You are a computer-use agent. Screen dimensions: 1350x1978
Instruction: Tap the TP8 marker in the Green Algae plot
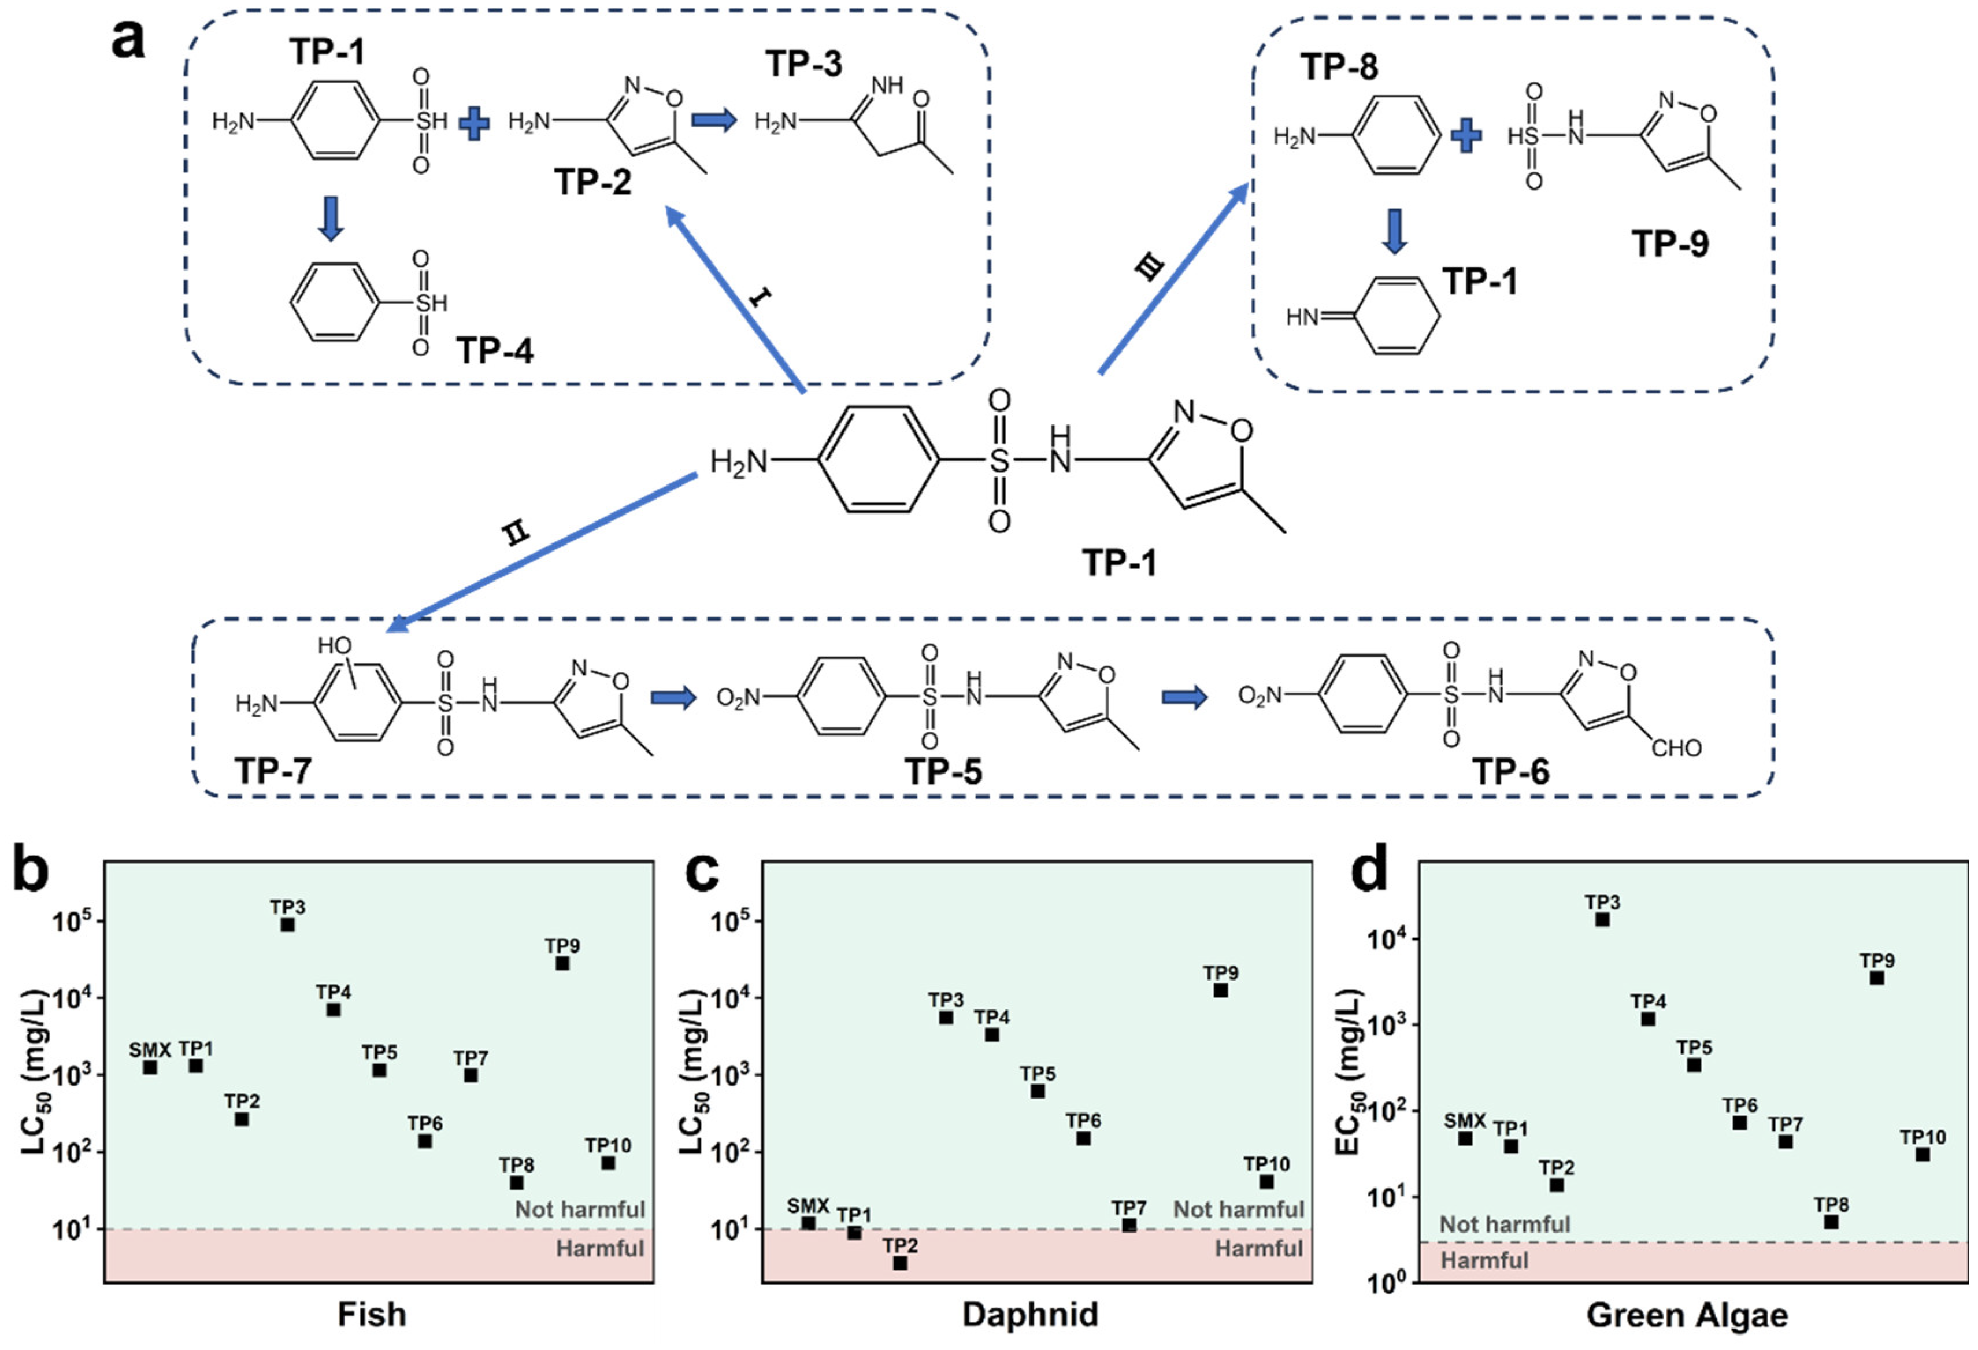tap(1831, 1222)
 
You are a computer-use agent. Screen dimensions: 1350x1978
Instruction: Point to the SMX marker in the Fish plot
tap(150, 1067)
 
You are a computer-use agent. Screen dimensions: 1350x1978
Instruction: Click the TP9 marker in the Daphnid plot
tap(1221, 990)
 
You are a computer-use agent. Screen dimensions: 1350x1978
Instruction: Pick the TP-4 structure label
tap(495, 350)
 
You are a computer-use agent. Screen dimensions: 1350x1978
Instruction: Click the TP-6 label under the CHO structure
tap(1511, 771)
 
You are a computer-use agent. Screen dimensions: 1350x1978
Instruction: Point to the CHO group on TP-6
tap(1676, 748)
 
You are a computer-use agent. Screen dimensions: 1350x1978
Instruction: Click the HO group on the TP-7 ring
tap(335, 646)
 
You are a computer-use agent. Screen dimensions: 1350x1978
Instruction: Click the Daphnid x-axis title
tap(1030, 1314)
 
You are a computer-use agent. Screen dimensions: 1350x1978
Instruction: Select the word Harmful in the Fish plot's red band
tap(600, 1249)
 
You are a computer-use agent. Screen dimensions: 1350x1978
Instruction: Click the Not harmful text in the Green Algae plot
tap(1505, 1224)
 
